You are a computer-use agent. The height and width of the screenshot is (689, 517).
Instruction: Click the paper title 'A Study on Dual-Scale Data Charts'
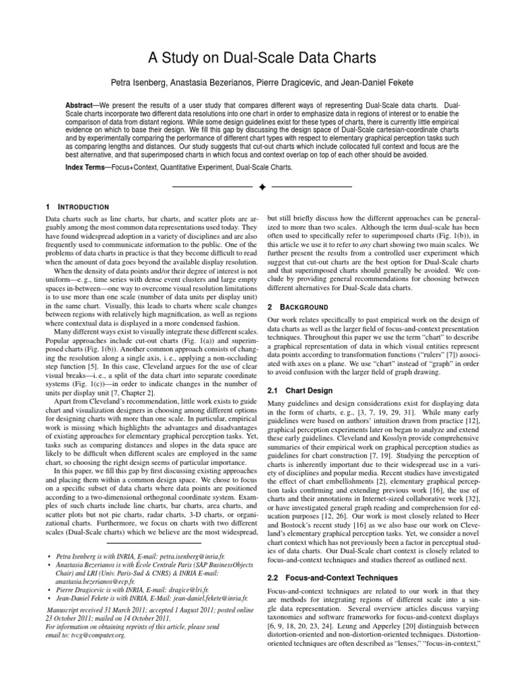pyautogui.click(x=258, y=59)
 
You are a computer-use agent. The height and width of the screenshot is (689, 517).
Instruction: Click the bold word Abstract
pyautogui.click(x=79, y=107)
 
